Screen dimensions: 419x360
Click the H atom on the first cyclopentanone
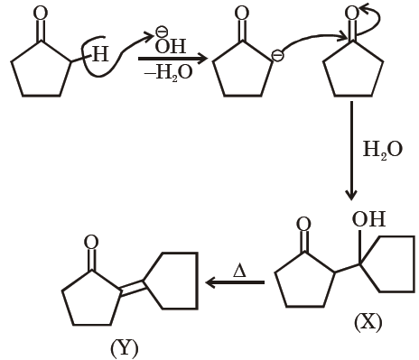[x=100, y=54]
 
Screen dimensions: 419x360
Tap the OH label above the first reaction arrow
[x=171, y=46]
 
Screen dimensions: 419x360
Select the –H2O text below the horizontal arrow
[x=168, y=73]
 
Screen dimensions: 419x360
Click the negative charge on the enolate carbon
[x=277, y=56]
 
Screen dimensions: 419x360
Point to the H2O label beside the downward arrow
[x=382, y=150]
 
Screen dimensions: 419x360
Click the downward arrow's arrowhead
[x=351, y=195]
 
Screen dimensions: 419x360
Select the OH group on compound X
[x=368, y=219]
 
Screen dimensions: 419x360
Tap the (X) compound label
[x=368, y=323]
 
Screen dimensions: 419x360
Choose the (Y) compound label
[x=125, y=348]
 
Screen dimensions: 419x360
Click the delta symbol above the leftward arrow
[x=239, y=271]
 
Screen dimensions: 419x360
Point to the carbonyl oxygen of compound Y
[x=91, y=243]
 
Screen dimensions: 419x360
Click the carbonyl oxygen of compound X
[x=303, y=225]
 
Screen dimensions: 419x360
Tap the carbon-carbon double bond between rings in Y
[x=131, y=288]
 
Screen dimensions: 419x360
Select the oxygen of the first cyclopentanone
[x=40, y=14]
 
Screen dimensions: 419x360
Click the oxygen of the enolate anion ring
[x=242, y=14]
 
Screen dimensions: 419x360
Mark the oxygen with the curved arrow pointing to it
[x=351, y=14]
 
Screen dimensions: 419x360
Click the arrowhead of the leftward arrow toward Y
[x=210, y=282]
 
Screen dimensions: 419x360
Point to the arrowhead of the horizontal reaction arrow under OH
[x=203, y=59]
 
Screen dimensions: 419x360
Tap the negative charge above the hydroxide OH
[x=160, y=31]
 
